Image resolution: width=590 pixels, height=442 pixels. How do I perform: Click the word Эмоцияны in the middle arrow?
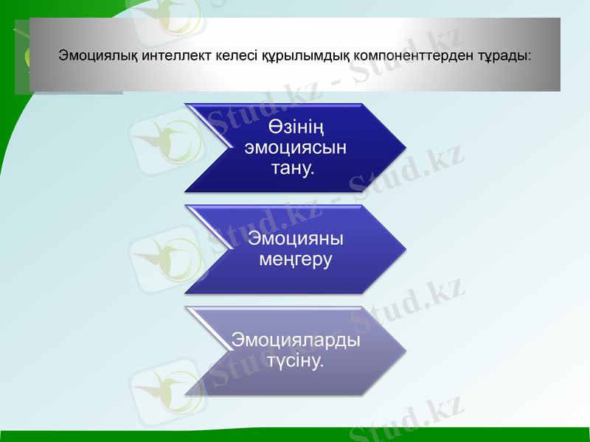296,239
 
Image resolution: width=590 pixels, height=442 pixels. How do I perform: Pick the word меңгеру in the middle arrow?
296,259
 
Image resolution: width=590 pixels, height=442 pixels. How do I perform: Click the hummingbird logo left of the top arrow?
167,140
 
